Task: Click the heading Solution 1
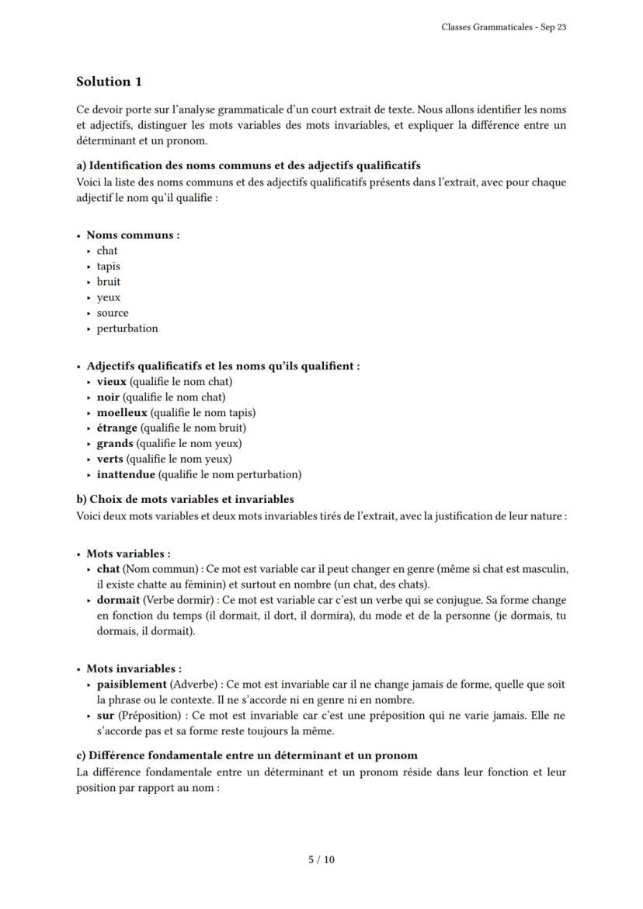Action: pyautogui.click(x=109, y=82)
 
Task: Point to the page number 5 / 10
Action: pyautogui.click(x=321, y=859)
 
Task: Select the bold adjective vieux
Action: pyautogui.click(x=111, y=381)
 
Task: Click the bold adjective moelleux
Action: pyautogui.click(x=121, y=412)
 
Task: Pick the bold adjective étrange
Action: pyautogui.click(x=116, y=428)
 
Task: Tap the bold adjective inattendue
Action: pyautogui.click(x=127, y=474)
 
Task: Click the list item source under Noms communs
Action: pyautogui.click(x=113, y=313)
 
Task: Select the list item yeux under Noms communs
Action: pyautogui.click(x=109, y=297)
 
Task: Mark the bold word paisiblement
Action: pyautogui.click(x=131, y=685)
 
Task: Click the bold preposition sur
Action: pyautogui.click(x=106, y=715)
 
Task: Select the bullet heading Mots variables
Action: pyautogui.click(x=128, y=553)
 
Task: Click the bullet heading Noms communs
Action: pyautogui.click(x=133, y=235)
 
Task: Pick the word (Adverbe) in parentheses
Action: pyautogui.click(x=194, y=685)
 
